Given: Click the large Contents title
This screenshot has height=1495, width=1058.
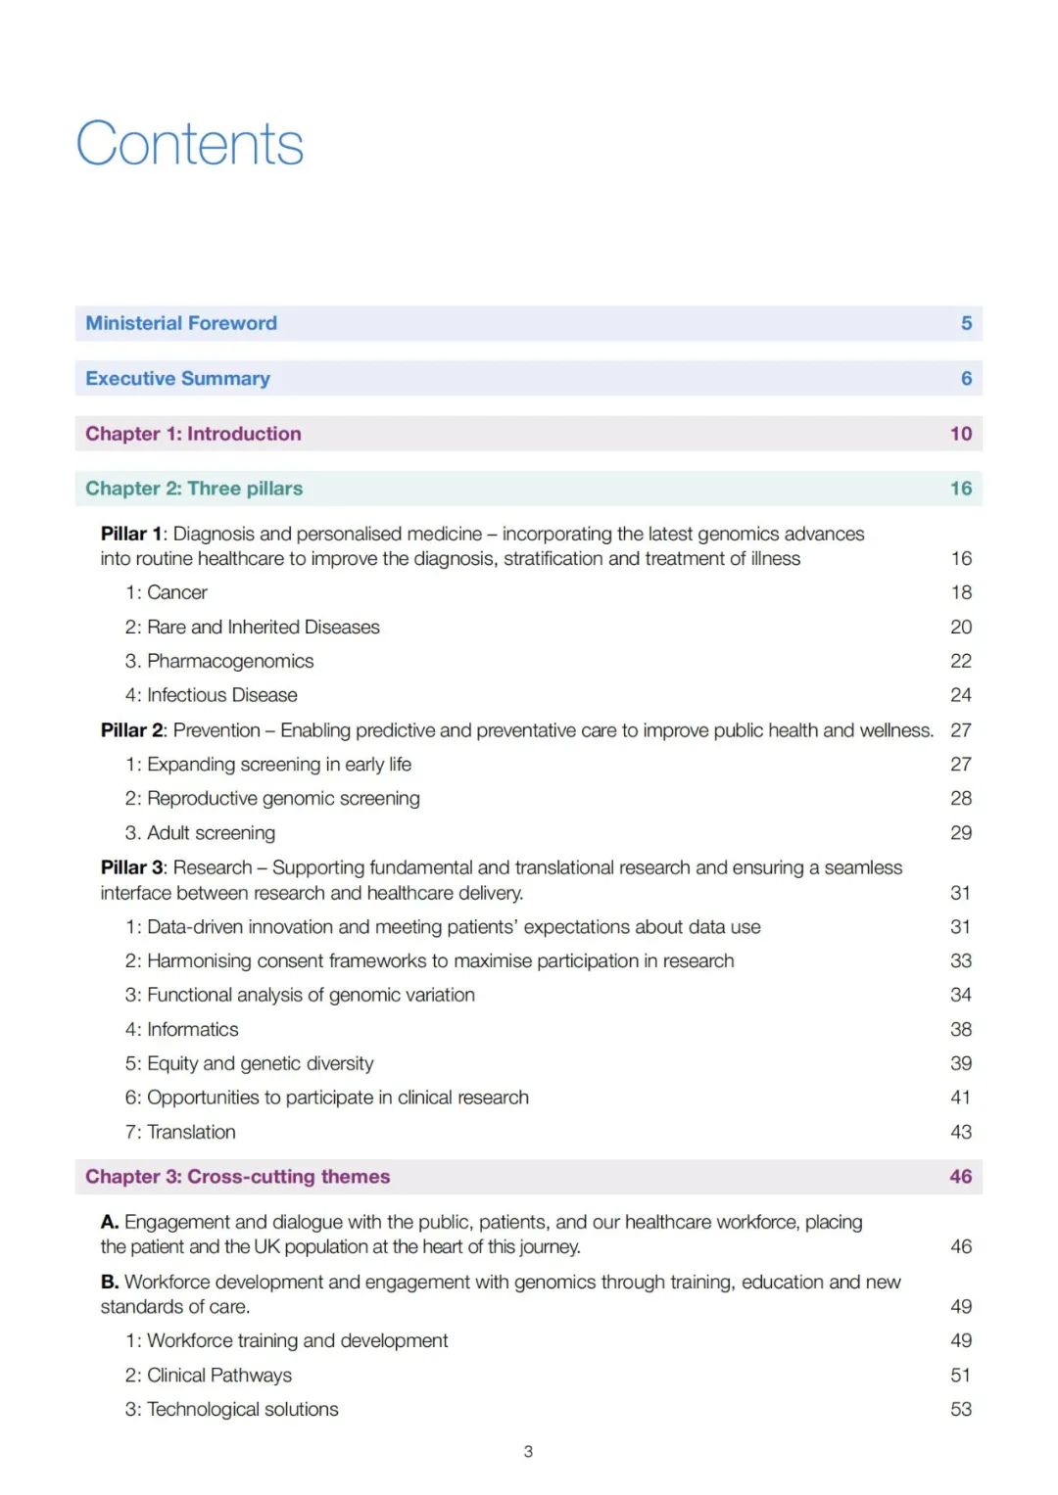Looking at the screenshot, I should [x=190, y=144].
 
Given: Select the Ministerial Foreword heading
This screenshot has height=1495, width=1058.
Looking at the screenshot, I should [x=181, y=323].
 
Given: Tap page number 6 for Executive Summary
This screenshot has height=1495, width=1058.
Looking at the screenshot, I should [x=966, y=378].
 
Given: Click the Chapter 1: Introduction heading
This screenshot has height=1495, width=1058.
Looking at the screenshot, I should [x=193, y=434].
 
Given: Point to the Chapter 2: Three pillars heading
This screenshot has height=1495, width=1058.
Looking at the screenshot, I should [x=194, y=489].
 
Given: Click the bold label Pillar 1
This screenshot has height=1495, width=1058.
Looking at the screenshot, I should [x=131, y=534].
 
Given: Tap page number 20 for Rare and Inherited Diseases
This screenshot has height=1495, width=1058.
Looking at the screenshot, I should [x=961, y=627].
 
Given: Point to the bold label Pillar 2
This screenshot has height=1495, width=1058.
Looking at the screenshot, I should [x=131, y=730].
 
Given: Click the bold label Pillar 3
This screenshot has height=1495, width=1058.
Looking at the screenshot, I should [x=131, y=867].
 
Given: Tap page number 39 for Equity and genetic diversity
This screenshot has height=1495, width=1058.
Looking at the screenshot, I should [x=961, y=1063].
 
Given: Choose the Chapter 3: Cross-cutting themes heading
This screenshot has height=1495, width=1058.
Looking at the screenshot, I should [x=237, y=1177].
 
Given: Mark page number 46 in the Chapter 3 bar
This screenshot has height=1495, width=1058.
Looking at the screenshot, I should [x=961, y=1177].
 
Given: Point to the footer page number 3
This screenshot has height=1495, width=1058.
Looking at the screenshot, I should [x=528, y=1451].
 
